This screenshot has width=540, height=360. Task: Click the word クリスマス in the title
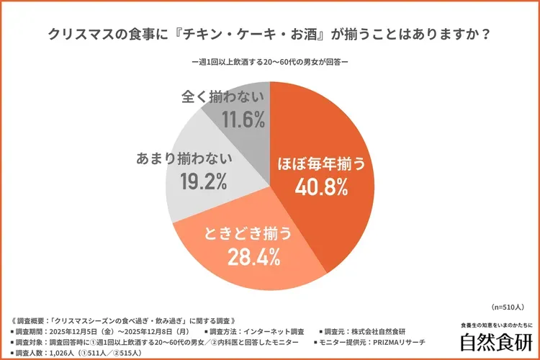click(84, 34)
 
